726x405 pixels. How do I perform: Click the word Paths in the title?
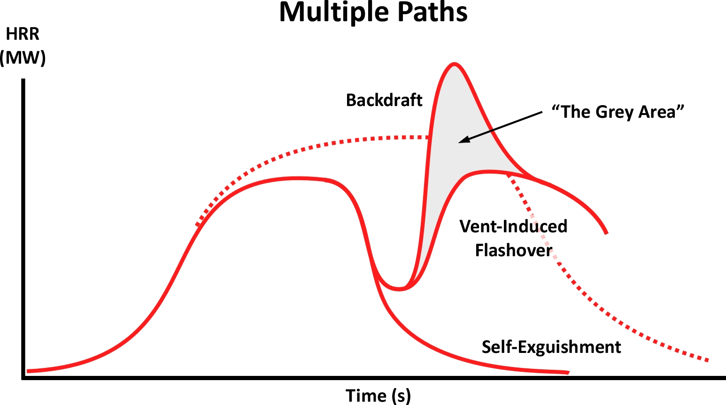click(x=433, y=12)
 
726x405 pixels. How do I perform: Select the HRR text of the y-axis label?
click(x=23, y=34)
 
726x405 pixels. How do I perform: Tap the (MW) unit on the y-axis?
click(x=23, y=58)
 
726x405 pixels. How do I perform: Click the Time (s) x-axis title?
click(x=378, y=396)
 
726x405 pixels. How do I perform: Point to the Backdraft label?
click(x=384, y=100)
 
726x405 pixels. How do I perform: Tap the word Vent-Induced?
click(x=513, y=226)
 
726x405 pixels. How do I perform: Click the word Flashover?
click(x=514, y=250)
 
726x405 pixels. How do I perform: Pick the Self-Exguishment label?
click(x=551, y=347)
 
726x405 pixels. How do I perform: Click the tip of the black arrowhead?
click(x=459, y=142)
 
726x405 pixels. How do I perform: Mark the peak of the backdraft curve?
click(x=454, y=64)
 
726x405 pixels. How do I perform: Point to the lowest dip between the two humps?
click(x=399, y=289)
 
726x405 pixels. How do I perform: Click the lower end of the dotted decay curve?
click(x=708, y=360)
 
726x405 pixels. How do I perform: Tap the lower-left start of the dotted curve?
click(x=197, y=224)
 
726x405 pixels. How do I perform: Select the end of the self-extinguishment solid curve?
click(x=568, y=373)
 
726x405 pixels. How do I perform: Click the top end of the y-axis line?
click(x=23, y=79)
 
